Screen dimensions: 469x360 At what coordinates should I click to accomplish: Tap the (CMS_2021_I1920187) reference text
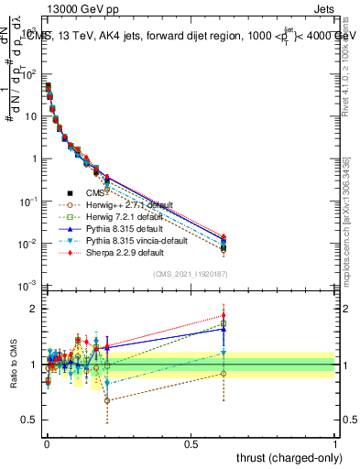tap(191, 274)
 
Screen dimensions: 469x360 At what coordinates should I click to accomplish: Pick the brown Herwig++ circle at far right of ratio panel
tap(223, 373)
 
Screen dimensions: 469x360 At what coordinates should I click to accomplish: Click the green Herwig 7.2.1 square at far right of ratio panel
tap(223, 323)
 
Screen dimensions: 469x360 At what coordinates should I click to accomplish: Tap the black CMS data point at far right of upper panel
tap(223, 247)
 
